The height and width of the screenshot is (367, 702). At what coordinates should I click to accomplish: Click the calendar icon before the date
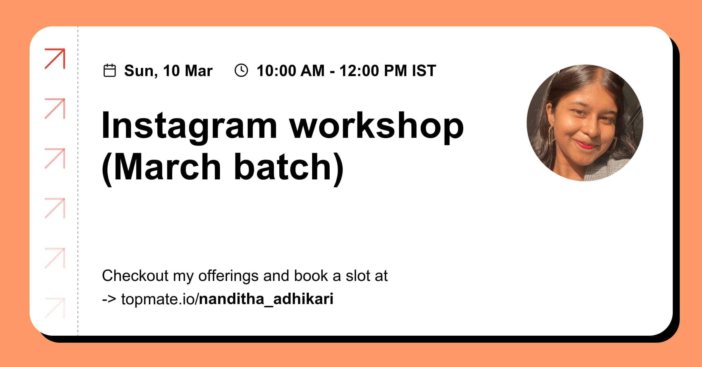[110, 71]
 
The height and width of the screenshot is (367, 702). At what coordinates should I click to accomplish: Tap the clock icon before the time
[241, 71]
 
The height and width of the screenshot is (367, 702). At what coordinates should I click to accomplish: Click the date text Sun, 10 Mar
[168, 71]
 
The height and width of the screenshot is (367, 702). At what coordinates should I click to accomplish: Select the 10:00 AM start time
[290, 71]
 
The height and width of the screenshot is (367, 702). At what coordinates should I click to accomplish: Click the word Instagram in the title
[189, 126]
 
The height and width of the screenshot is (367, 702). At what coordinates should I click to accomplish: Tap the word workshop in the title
[376, 126]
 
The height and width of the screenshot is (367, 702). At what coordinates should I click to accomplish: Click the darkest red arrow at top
[55, 59]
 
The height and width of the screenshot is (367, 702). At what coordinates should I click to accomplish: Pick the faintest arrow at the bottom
[55, 308]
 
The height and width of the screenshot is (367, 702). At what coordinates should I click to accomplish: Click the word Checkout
[135, 276]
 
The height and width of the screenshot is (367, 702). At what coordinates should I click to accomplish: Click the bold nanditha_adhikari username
[266, 299]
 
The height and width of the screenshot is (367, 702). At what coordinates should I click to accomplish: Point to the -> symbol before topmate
[109, 299]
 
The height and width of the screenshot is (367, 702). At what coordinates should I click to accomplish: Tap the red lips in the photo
[584, 145]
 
